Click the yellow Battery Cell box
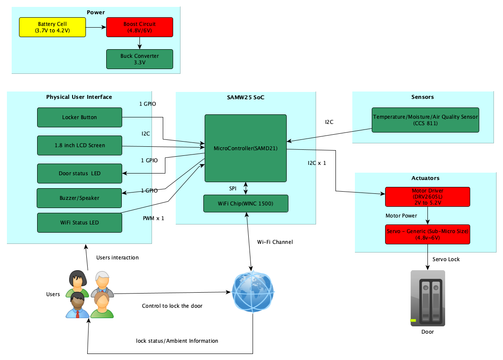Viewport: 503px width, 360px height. [x=52, y=27]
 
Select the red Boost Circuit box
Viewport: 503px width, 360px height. [x=139, y=27]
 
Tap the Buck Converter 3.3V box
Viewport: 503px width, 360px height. [x=139, y=59]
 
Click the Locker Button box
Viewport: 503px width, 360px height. [x=79, y=117]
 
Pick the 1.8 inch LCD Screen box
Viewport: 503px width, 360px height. [x=79, y=145]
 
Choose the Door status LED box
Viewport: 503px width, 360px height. [x=79, y=174]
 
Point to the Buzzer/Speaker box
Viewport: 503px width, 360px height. [x=79, y=198]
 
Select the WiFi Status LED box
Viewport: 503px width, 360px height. [x=79, y=223]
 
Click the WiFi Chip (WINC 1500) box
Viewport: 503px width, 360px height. [x=246, y=204]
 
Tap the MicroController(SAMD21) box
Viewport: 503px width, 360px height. [x=246, y=148]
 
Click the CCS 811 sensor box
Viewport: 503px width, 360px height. [x=425, y=120]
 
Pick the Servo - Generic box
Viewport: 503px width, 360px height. [x=427, y=234]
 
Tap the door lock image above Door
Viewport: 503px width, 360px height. [x=427, y=298]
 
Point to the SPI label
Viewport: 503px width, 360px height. [x=233, y=189]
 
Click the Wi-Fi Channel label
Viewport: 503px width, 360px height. [x=275, y=242]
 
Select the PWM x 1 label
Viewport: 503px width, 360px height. [x=153, y=218]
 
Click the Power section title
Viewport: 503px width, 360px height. [x=95, y=12]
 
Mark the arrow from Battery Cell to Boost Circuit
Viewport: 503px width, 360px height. [x=96, y=27]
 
